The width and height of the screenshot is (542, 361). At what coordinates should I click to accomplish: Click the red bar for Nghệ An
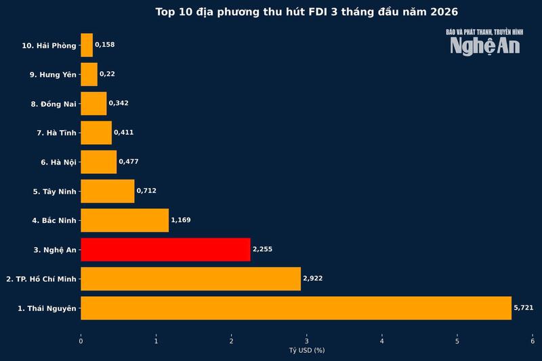click(165, 249)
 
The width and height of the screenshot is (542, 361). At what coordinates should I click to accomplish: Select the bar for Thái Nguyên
click(296, 307)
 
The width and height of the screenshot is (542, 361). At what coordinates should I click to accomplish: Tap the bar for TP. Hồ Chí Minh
click(190, 278)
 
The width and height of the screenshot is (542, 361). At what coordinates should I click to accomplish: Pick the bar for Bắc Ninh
click(125, 220)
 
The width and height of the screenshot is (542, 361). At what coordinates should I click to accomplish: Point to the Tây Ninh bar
click(108, 191)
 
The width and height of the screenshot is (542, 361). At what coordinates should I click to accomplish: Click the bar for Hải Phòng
click(87, 45)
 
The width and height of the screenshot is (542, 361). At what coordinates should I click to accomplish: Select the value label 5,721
click(524, 307)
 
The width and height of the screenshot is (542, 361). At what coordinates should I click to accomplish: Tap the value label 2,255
click(262, 249)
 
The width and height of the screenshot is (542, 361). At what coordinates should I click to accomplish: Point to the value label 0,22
click(107, 74)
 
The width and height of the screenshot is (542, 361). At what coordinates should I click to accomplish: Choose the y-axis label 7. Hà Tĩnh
click(56, 133)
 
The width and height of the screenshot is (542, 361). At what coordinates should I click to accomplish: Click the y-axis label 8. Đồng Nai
click(54, 104)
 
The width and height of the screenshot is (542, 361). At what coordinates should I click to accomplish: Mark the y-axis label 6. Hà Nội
click(58, 162)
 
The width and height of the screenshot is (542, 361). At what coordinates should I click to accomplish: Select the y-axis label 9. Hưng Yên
click(53, 74)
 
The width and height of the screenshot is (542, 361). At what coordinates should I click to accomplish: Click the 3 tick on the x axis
click(307, 341)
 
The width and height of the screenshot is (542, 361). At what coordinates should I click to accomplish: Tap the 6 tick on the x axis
click(533, 341)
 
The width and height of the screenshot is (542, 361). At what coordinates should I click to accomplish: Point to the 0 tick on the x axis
click(81, 341)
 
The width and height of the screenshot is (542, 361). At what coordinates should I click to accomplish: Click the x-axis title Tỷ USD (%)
click(307, 350)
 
